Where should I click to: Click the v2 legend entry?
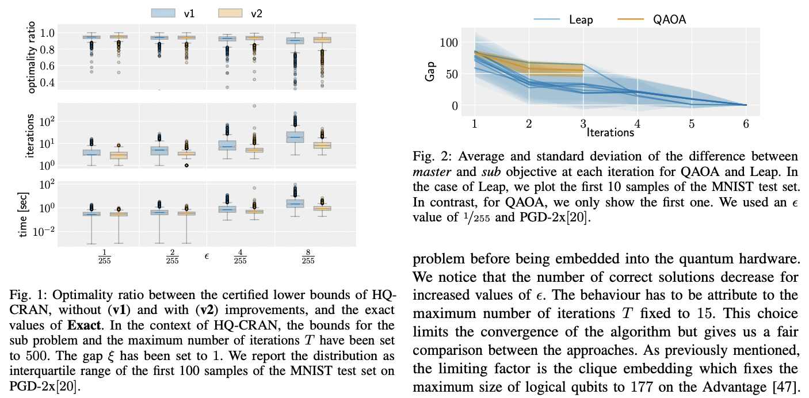click(x=242, y=12)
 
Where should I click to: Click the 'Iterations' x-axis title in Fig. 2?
click(x=610, y=132)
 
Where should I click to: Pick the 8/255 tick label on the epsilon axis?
click(x=308, y=256)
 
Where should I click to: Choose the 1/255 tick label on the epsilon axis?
click(x=104, y=256)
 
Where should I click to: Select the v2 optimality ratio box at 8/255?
click(x=322, y=40)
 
